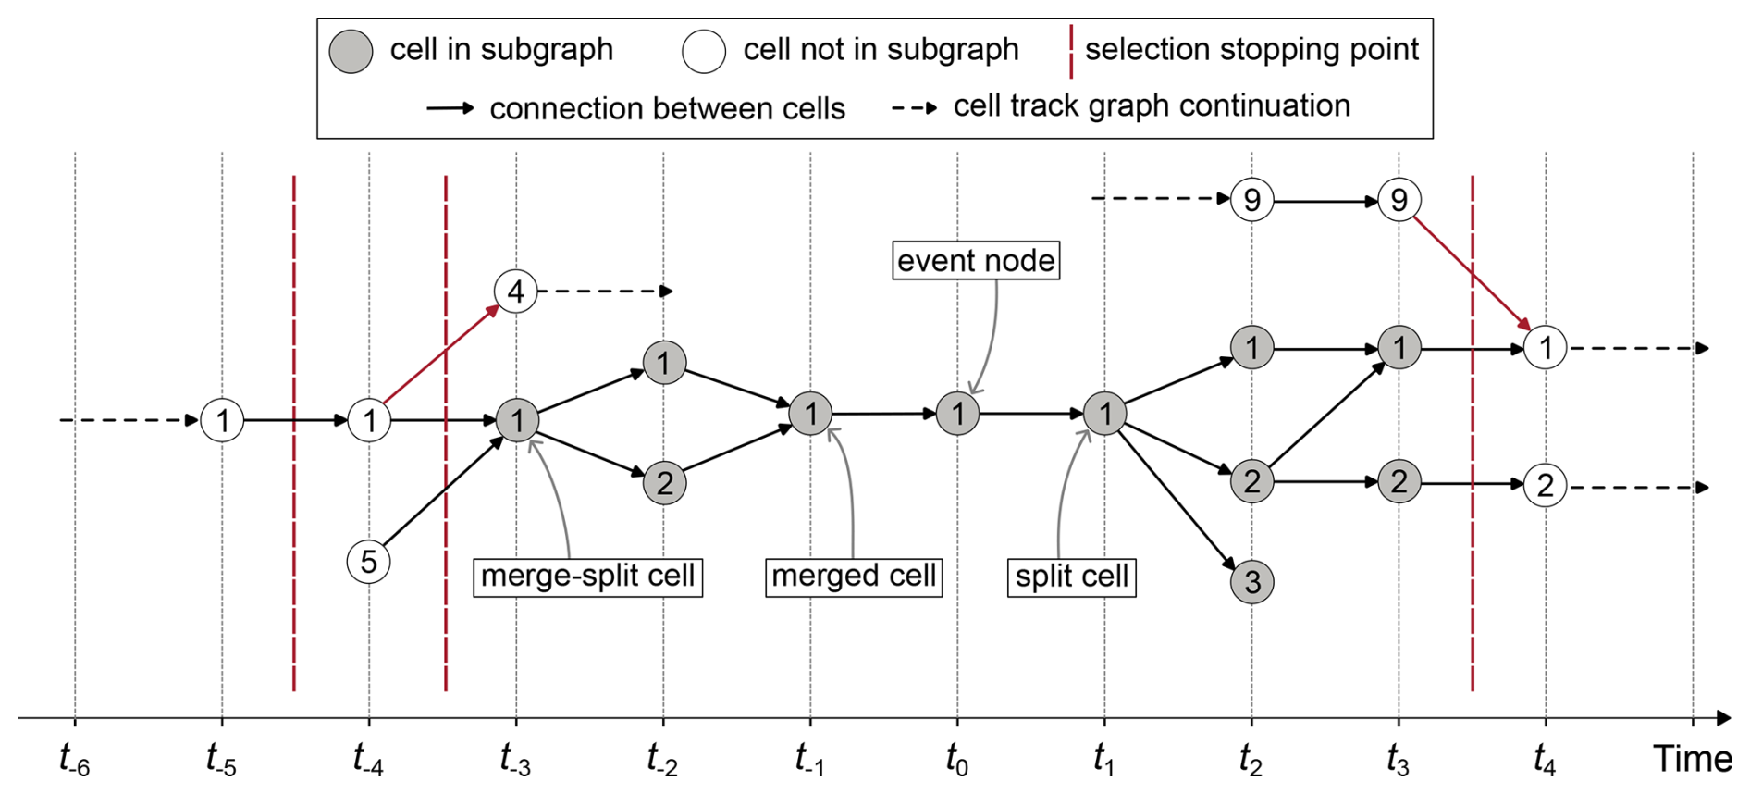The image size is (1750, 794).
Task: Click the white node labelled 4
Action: pos(515,292)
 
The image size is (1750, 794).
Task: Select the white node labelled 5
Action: pos(368,562)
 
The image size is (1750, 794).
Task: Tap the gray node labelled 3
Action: pos(1251,581)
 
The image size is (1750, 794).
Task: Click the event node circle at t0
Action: pos(957,414)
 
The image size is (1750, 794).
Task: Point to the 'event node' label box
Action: pos(975,261)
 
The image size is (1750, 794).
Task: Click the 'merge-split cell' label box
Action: pos(587,577)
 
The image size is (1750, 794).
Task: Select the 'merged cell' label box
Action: pos(853,577)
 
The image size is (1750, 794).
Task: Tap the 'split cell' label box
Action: pos(1071,577)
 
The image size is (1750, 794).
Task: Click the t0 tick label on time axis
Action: pos(956,760)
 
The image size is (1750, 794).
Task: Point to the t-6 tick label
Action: pos(74,760)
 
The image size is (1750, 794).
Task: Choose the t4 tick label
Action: pos(1544,760)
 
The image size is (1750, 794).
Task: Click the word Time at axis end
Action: pos(1693,759)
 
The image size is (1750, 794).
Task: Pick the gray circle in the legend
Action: pos(351,51)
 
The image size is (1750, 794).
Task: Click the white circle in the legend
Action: pos(704,51)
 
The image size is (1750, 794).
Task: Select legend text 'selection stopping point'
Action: pos(1251,49)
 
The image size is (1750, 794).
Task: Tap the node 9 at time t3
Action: pos(1399,200)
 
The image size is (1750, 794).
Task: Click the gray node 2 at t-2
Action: pos(664,482)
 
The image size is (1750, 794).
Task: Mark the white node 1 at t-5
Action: pos(222,421)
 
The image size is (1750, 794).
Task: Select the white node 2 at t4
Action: pos(1545,485)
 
